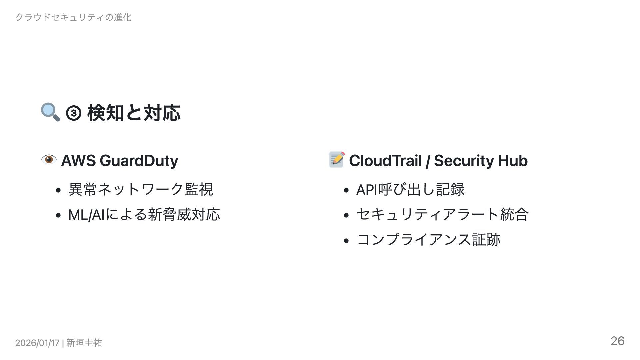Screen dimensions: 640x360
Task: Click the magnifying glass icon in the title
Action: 50,112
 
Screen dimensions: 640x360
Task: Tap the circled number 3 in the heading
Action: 74,113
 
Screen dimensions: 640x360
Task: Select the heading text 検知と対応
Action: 134,113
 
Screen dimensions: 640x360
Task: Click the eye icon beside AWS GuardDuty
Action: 49,160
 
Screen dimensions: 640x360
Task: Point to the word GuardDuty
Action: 139,161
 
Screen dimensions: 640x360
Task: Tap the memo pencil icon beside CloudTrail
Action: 337,160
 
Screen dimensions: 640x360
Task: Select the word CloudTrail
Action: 385,161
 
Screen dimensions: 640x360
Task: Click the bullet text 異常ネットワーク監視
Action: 140,189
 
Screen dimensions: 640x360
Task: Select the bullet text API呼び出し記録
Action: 410,189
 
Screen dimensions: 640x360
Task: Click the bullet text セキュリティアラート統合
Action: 442,214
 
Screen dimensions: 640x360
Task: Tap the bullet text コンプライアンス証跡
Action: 428,240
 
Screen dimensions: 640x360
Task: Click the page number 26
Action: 617,341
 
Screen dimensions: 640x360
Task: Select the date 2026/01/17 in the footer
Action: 37,343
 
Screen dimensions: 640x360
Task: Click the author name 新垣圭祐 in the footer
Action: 84,343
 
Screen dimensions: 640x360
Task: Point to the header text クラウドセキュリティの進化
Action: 74,17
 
